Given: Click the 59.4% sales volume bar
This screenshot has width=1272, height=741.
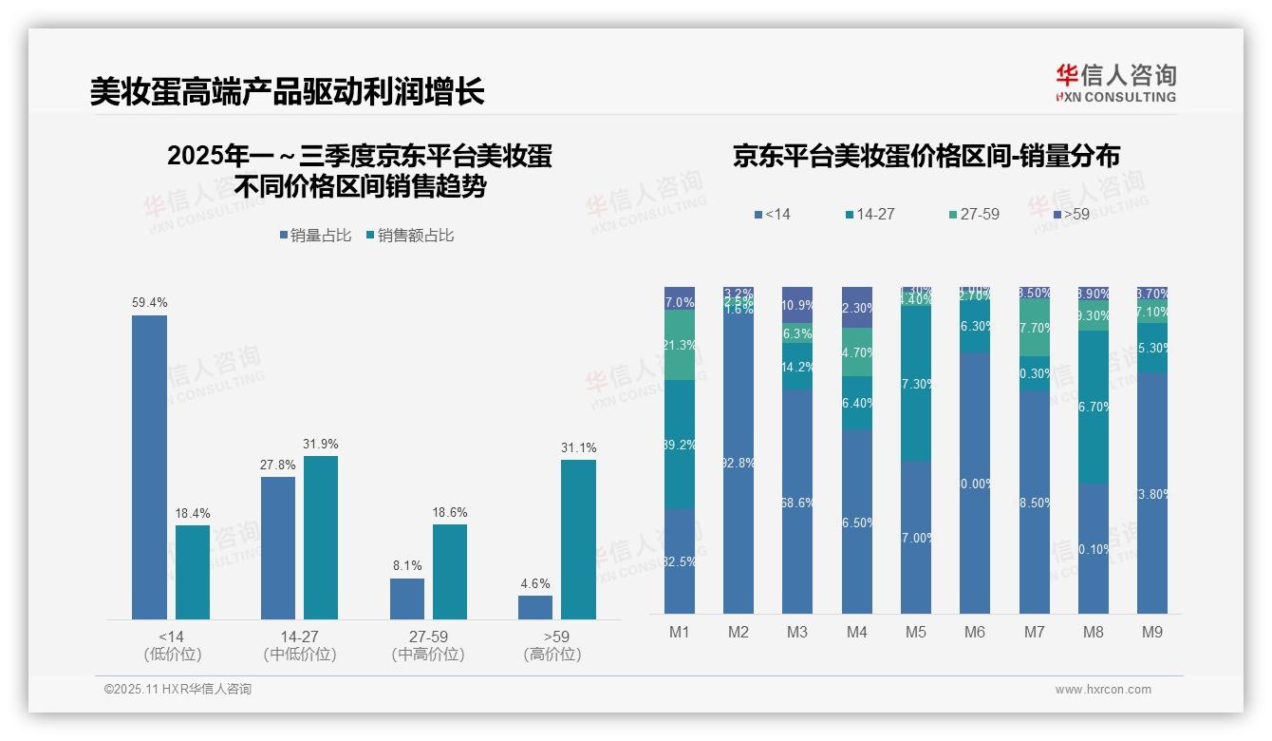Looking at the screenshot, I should click(149, 466).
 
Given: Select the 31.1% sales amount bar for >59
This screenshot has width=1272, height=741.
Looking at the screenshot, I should click(578, 539).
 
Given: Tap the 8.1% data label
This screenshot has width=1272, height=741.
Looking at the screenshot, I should click(407, 566).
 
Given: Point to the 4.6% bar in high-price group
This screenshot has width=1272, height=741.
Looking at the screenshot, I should click(535, 607).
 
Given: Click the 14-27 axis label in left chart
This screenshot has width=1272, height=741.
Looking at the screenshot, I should click(299, 636).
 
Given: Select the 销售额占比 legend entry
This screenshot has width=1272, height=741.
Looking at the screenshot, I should click(409, 236).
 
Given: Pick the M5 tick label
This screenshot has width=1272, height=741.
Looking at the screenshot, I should click(916, 632).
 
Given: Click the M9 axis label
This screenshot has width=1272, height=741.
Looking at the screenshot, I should click(1151, 632).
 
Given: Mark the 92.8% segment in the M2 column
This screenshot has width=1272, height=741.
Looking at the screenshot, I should click(739, 464).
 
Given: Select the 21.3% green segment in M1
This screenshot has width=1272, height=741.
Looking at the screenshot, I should click(680, 345).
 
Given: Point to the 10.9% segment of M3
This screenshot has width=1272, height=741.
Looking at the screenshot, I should click(797, 305).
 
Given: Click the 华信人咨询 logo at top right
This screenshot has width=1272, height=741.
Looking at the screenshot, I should click(1115, 83).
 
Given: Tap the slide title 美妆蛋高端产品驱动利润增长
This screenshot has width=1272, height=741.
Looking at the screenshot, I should click(287, 92).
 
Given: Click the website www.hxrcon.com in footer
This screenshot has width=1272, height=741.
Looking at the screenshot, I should click(1103, 690).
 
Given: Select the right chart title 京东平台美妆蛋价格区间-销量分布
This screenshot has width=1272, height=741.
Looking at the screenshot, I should click(926, 157).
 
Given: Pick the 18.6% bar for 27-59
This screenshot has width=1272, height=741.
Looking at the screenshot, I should click(450, 572).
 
